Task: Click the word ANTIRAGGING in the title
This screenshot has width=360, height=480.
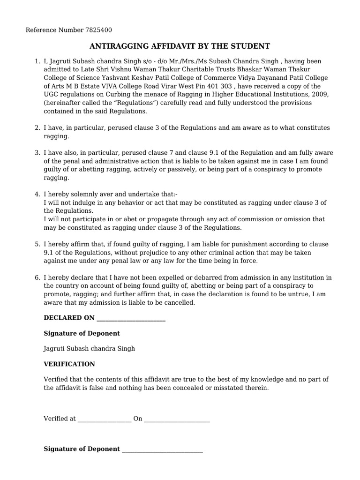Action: (119, 46)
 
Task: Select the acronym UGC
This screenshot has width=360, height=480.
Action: (52, 95)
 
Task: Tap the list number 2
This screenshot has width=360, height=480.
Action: (37, 128)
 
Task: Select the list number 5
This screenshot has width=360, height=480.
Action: (37, 244)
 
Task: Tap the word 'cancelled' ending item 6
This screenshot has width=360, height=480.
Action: (180, 303)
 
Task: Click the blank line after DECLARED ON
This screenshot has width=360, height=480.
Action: (131, 318)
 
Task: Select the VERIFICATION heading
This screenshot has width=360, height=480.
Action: (69, 364)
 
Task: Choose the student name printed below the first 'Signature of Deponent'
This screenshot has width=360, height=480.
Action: (89, 349)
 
